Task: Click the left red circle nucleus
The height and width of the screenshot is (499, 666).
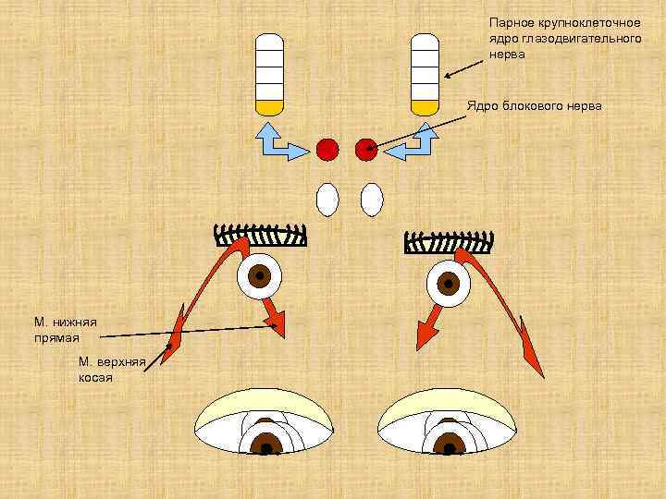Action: pyautogui.click(x=327, y=148)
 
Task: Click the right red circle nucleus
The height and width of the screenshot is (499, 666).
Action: pyautogui.click(x=366, y=148)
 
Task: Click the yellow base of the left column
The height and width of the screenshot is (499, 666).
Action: pyautogui.click(x=268, y=106)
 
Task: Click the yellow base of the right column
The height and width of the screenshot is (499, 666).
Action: pyautogui.click(x=424, y=106)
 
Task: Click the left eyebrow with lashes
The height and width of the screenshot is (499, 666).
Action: pyautogui.click(x=260, y=237)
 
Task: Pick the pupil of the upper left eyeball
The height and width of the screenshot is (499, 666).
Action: pyautogui.click(x=261, y=275)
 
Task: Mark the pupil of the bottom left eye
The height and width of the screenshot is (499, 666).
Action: pyautogui.click(x=266, y=448)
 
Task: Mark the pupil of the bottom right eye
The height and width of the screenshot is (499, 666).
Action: pyautogui.click(x=450, y=448)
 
